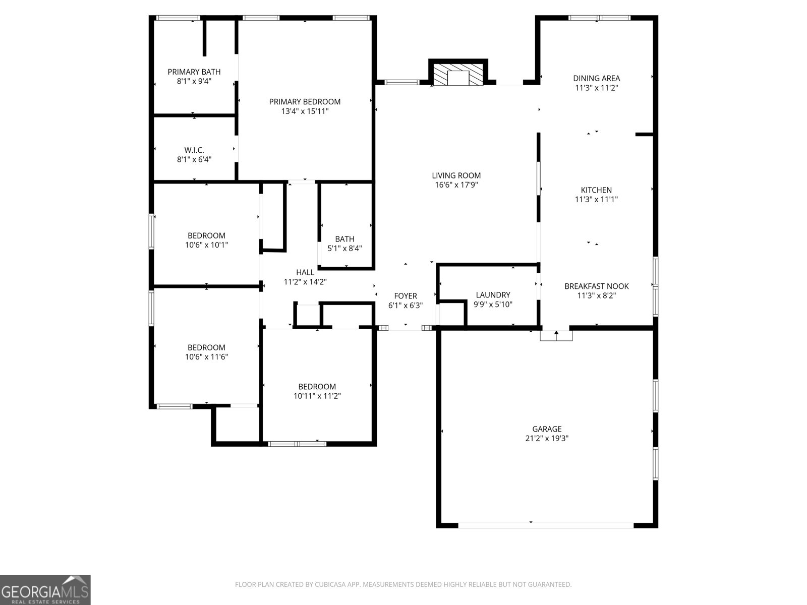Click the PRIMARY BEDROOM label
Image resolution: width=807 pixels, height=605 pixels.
(x=305, y=102)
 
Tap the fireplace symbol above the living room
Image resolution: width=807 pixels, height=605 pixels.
(x=458, y=76)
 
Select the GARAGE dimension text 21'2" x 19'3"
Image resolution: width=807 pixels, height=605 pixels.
(x=547, y=439)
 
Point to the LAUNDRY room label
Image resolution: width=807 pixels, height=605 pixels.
(x=493, y=295)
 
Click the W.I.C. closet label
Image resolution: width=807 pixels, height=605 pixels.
(x=194, y=150)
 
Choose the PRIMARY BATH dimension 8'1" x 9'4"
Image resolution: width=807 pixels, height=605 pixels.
(x=194, y=81)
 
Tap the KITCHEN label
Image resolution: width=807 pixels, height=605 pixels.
(x=596, y=190)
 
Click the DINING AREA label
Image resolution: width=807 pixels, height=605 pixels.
(x=596, y=78)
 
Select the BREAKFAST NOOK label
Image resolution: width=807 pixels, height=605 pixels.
(x=596, y=286)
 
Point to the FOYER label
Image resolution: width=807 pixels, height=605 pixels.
(x=406, y=296)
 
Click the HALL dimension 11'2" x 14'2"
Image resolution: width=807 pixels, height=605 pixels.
(x=305, y=282)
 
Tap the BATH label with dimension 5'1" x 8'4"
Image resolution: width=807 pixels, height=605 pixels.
(x=344, y=239)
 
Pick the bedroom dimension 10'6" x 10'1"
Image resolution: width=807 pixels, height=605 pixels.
(x=206, y=245)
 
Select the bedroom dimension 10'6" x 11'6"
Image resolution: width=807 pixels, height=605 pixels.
(x=206, y=357)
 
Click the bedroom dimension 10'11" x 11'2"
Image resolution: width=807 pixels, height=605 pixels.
(x=317, y=396)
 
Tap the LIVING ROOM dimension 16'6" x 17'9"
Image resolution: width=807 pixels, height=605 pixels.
(x=456, y=185)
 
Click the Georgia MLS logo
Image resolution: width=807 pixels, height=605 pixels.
(x=45, y=590)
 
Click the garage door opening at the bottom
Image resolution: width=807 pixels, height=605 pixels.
(x=546, y=525)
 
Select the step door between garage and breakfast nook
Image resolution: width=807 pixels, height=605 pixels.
(x=556, y=335)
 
